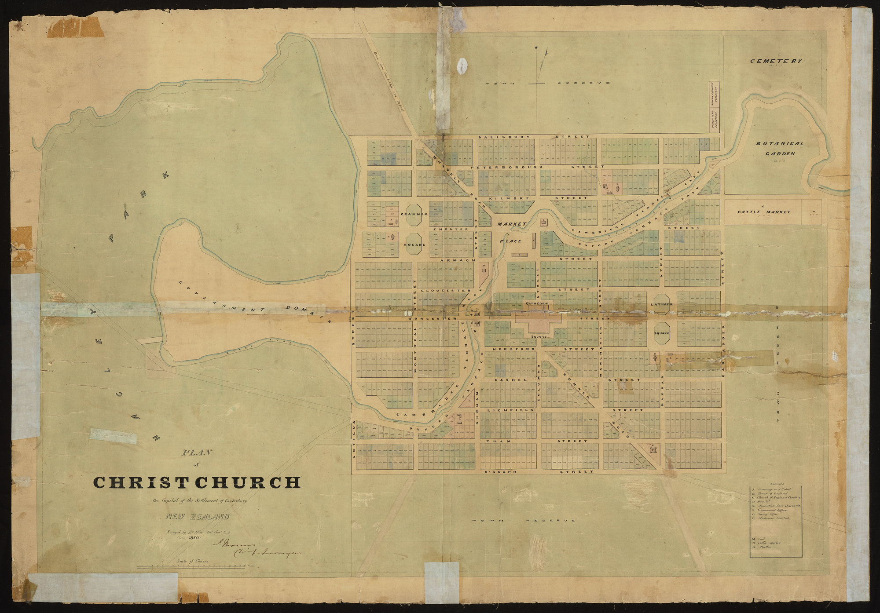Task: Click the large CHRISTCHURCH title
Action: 197,482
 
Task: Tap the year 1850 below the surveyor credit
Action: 194,537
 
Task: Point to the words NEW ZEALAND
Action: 197,517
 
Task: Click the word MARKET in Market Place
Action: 512,224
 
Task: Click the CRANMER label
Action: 414,214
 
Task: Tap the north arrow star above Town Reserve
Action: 536,47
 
